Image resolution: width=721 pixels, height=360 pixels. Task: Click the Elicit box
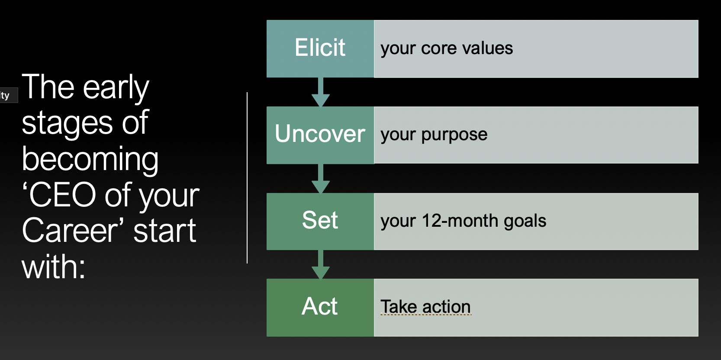[320, 48]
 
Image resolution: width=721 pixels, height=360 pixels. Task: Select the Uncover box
[320, 135]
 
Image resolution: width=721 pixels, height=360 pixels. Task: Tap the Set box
[320, 221]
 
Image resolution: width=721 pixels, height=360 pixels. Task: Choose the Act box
[320, 307]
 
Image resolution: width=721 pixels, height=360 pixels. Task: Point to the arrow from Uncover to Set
[321, 179]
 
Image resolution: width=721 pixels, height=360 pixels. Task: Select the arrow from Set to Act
[321, 264]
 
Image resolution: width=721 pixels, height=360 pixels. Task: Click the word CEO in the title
[63, 195]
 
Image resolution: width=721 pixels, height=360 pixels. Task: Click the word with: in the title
[53, 267]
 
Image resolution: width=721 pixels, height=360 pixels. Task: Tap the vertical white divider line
[247, 177]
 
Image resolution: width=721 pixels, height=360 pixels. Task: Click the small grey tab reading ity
[6, 96]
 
